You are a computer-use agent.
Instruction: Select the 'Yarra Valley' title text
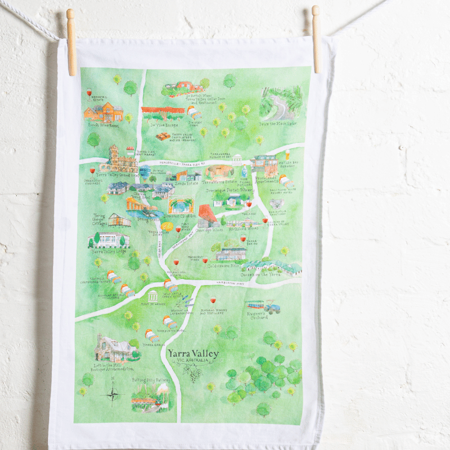192,353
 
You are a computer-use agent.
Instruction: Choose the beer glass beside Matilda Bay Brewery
287,154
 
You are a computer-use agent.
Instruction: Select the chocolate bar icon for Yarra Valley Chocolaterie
163,137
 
